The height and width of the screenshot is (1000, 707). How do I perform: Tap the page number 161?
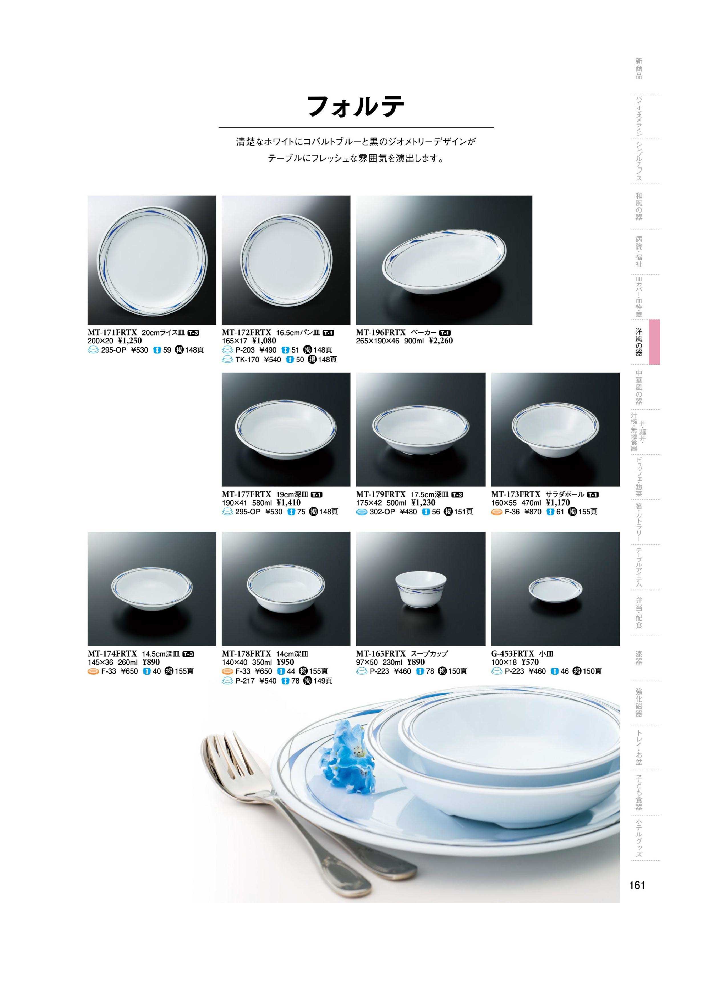pos(637,885)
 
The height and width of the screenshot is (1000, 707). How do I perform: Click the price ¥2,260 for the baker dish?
pos(441,341)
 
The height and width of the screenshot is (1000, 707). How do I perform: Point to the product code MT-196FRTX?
pos(381,332)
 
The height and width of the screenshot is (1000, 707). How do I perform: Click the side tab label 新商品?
pos(639,68)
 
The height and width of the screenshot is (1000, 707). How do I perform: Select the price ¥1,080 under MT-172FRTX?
pos(264,341)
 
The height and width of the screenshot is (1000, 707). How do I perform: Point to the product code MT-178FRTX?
pos(247,654)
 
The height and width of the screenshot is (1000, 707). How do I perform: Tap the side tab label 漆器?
pos(639,658)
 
